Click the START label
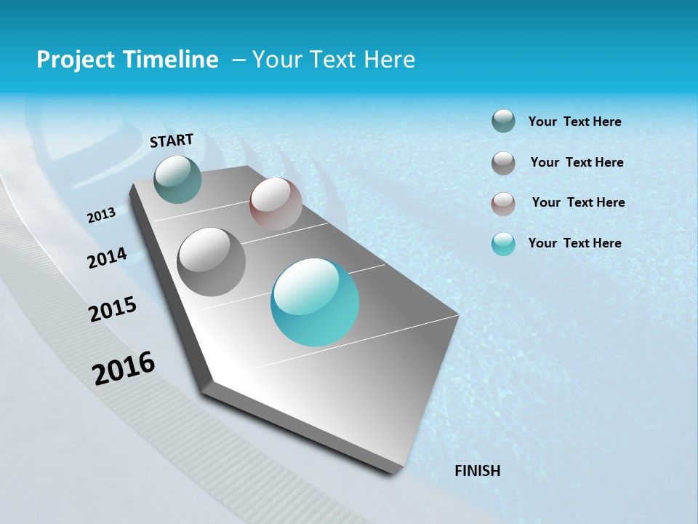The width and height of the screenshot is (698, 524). (172, 140)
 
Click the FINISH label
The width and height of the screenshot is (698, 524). (477, 471)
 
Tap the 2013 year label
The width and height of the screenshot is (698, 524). (101, 215)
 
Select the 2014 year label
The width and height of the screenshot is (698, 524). (107, 258)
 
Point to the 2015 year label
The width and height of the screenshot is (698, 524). (113, 309)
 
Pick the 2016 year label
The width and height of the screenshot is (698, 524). (124, 368)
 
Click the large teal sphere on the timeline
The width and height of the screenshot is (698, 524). (315, 302)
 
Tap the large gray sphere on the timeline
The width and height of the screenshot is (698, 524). (211, 261)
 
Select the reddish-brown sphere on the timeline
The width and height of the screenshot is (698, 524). (276, 204)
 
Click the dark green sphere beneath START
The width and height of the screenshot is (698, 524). (177, 179)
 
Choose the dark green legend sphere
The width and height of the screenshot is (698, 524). (503, 121)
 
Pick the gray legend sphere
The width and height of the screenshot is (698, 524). (503, 163)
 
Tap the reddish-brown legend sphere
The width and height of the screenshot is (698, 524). (503, 204)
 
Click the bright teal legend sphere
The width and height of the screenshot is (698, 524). (503, 244)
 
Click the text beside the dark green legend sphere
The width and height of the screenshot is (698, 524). (574, 122)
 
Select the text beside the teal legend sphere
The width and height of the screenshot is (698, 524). (574, 243)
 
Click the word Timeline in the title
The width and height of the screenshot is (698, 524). (174, 60)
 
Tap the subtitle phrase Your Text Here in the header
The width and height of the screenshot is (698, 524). (334, 60)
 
